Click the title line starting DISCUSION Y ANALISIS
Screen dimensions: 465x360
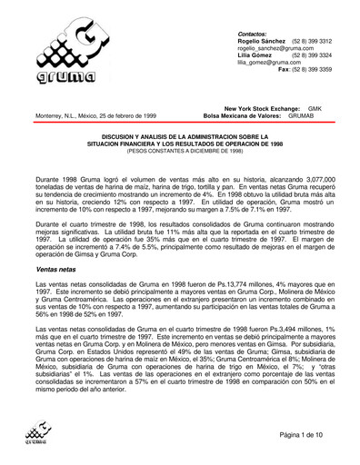tap(179, 132)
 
